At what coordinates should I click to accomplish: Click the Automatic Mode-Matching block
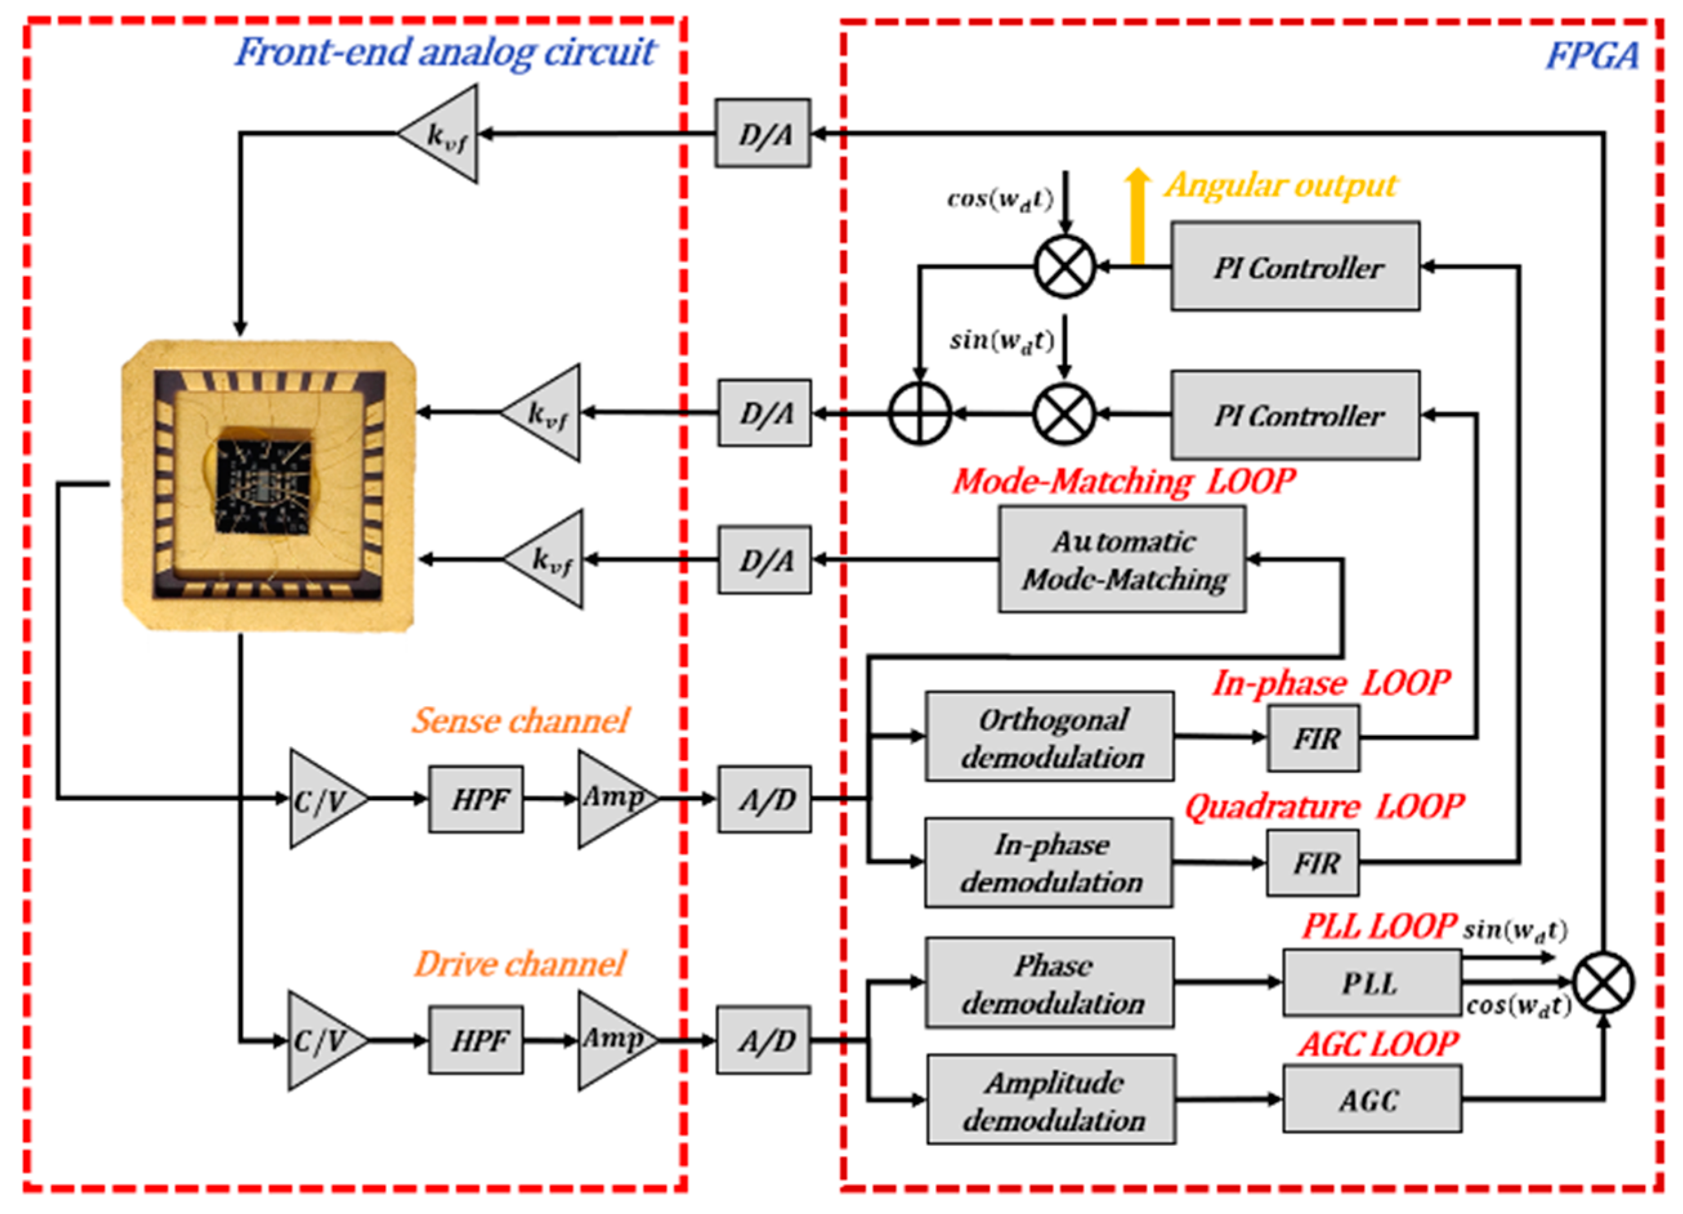click(x=1122, y=559)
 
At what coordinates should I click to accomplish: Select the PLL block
click(x=1371, y=982)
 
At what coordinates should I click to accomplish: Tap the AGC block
click(x=1371, y=1099)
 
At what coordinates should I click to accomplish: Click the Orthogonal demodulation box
click(x=1049, y=737)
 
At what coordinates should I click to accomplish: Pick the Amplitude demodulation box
click(x=1051, y=1099)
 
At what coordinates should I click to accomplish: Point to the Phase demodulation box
click(x=1049, y=982)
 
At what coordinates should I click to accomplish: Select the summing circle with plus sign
click(x=919, y=413)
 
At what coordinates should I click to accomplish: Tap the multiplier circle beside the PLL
click(x=1604, y=982)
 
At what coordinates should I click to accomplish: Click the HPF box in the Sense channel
click(x=476, y=799)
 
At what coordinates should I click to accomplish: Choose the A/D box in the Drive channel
click(x=763, y=1040)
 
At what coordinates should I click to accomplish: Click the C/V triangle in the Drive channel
click(x=321, y=1040)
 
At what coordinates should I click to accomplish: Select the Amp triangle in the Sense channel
click(x=612, y=799)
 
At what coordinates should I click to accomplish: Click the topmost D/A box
click(x=763, y=134)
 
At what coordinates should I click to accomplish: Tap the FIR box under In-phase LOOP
click(x=1314, y=738)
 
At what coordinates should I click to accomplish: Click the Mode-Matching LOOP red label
click(x=1124, y=481)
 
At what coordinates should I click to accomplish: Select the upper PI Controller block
click(x=1295, y=266)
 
